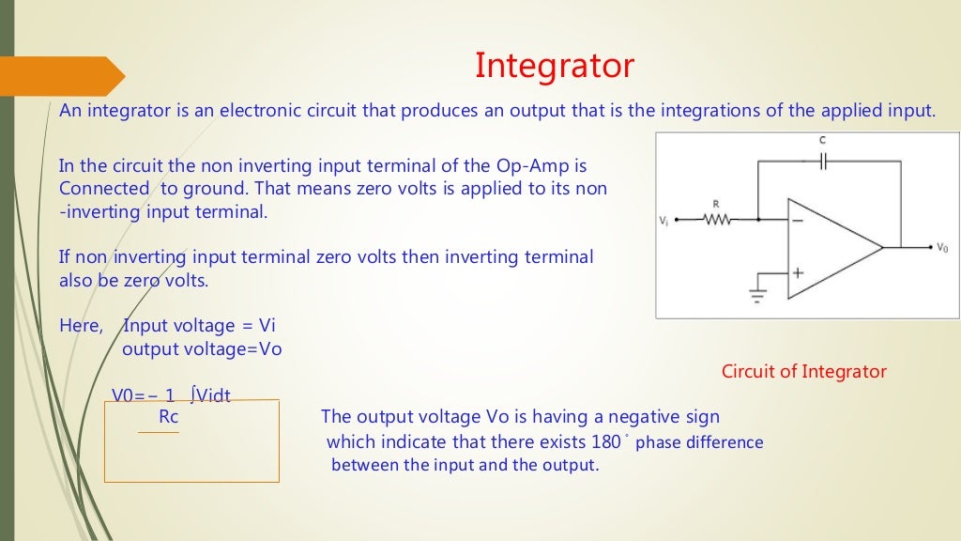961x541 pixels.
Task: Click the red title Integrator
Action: (x=554, y=66)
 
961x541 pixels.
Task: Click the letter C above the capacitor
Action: (x=823, y=140)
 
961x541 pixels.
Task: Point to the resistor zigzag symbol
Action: (x=717, y=220)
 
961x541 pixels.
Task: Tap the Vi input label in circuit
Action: (x=664, y=221)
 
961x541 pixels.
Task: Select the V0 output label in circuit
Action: (x=942, y=248)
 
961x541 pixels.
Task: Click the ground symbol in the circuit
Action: (x=757, y=295)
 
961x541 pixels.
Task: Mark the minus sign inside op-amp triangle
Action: (x=798, y=221)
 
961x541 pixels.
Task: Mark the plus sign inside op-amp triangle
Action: (x=798, y=273)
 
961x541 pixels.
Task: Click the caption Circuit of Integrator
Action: (x=803, y=371)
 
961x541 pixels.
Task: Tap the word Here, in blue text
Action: (x=81, y=326)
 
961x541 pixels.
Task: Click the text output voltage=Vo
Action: (x=202, y=348)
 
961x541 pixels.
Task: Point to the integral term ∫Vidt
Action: (x=210, y=395)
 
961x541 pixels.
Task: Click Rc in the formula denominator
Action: (x=169, y=417)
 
